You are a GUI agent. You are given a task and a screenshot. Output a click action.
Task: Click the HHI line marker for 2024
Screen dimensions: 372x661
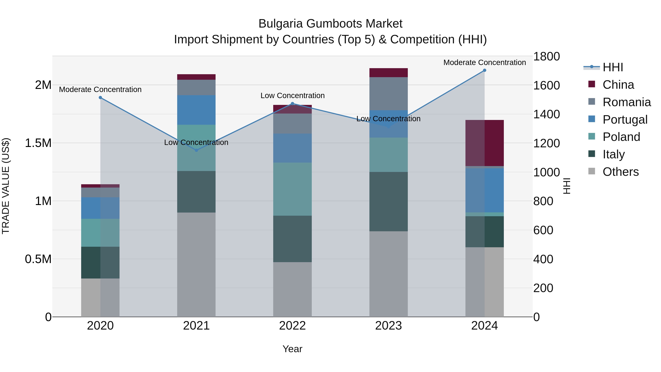(485, 70)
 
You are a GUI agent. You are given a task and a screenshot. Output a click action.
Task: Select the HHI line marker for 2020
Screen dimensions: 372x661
(100, 98)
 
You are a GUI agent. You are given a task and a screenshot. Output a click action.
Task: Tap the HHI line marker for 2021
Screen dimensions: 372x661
(196, 150)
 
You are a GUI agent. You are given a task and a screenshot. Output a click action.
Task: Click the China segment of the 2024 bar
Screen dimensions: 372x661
(485, 143)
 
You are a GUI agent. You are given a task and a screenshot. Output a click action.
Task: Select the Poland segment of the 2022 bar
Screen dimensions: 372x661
(292, 189)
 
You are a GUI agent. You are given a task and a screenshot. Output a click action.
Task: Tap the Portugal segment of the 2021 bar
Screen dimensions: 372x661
(196, 110)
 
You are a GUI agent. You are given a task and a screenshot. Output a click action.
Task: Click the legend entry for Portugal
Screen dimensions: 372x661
(625, 120)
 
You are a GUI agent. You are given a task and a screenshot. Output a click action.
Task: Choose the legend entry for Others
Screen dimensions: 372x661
(620, 172)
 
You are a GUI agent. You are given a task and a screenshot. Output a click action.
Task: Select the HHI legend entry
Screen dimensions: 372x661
(613, 67)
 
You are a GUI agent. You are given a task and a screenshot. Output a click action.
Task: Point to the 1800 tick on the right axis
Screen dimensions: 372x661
(546, 56)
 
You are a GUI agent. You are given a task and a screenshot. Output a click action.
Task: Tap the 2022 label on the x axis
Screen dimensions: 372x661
(292, 326)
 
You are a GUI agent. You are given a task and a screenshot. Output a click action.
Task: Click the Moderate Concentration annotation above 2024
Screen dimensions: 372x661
(485, 62)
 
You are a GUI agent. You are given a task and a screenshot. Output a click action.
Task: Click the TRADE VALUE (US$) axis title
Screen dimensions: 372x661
(6, 186)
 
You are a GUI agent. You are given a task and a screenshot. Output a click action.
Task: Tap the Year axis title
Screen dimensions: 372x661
(292, 349)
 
